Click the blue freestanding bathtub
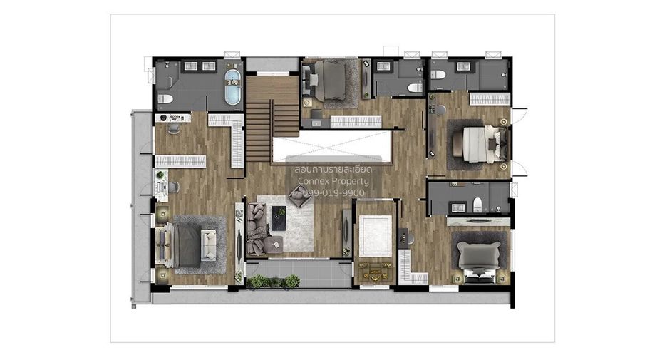(233, 87)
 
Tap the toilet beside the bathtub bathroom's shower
(165, 99)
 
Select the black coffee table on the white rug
(279, 218)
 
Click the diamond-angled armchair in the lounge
(299, 197)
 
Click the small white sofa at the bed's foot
(208, 245)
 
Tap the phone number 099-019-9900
(333, 193)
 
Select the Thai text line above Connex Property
(333, 169)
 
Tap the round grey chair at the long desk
(440, 110)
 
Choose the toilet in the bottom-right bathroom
(477, 205)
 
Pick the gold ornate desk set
(375, 272)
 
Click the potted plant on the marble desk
(160, 175)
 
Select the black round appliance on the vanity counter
(163, 118)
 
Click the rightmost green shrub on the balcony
(292, 281)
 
